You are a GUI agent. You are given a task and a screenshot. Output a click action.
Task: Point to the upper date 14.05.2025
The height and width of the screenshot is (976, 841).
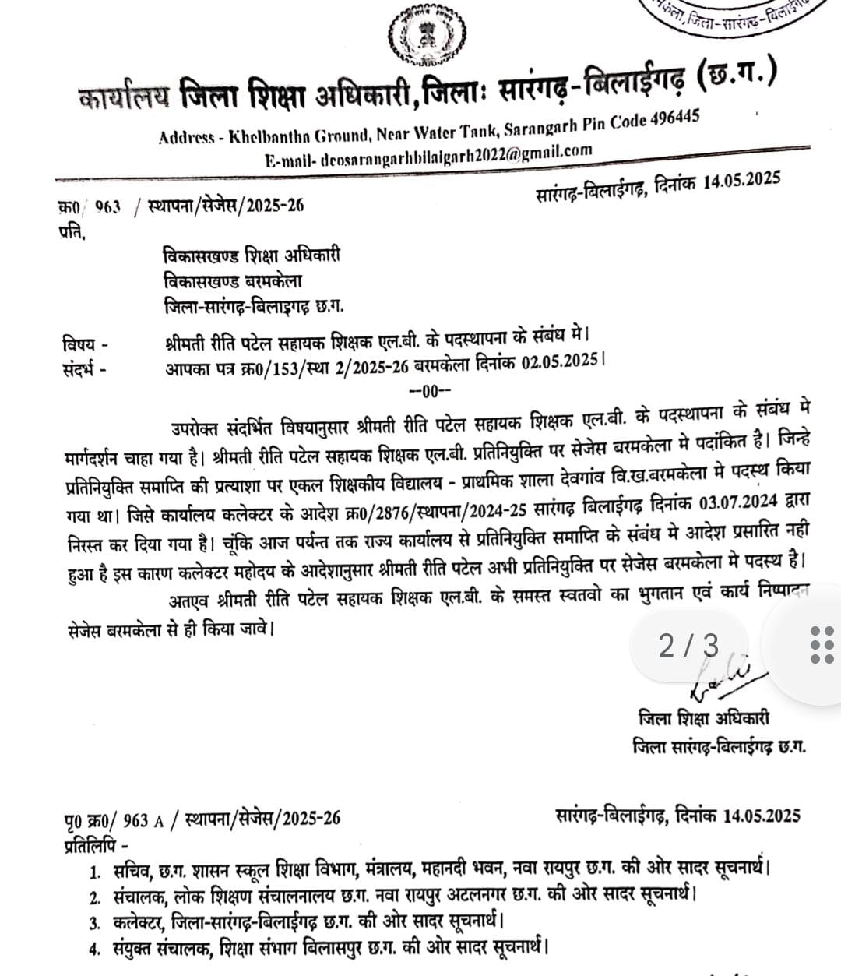(741, 181)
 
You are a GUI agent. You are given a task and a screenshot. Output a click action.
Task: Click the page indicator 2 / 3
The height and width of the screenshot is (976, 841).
(689, 646)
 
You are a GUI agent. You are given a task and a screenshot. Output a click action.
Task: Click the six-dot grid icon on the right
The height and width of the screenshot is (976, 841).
(820, 645)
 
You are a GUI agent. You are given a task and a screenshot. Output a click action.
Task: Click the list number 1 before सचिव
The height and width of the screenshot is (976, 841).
(95, 870)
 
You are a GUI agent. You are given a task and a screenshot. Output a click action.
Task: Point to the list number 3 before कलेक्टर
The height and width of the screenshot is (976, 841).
(95, 924)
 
